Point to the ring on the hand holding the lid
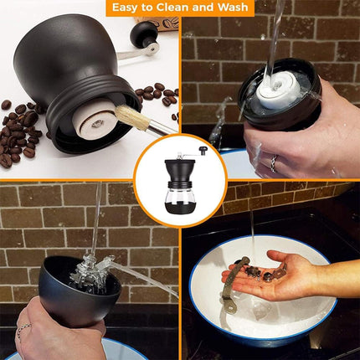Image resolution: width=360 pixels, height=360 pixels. coord(273,164)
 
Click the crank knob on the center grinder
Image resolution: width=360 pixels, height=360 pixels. coord(202,150)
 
